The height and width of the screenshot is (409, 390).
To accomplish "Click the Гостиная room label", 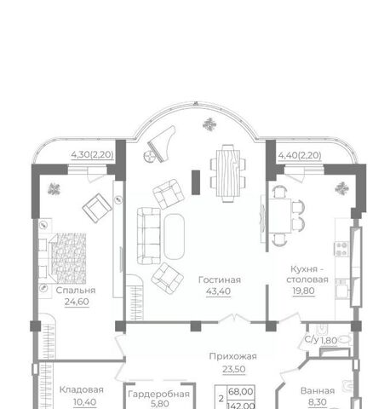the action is [x=220, y=280].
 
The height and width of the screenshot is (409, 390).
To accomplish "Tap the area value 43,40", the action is [x=218, y=291].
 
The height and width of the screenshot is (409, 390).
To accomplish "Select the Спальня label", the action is [x=76, y=291].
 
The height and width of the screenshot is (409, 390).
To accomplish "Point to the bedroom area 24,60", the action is [x=77, y=302].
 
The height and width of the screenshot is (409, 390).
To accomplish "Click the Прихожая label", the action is [x=232, y=356].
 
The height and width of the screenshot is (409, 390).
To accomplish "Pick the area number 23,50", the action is [x=234, y=369].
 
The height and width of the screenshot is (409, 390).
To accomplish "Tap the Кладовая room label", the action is [x=81, y=390].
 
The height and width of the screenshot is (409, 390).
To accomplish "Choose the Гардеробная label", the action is [x=158, y=394].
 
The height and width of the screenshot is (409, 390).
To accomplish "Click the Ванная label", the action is [x=318, y=391].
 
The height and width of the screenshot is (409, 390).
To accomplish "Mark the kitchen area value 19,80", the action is [x=303, y=291].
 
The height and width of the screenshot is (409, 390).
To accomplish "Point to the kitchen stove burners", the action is [x=341, y=249].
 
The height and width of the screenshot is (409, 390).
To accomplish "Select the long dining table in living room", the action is [x=228, y=173].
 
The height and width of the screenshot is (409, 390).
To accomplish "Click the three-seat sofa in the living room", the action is [x=149, y=236].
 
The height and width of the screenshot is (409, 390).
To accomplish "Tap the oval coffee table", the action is [x=174, y=237].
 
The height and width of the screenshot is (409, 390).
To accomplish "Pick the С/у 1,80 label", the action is [x=321, y=340].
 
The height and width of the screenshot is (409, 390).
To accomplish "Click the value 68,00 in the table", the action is [x=240, y=392].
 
